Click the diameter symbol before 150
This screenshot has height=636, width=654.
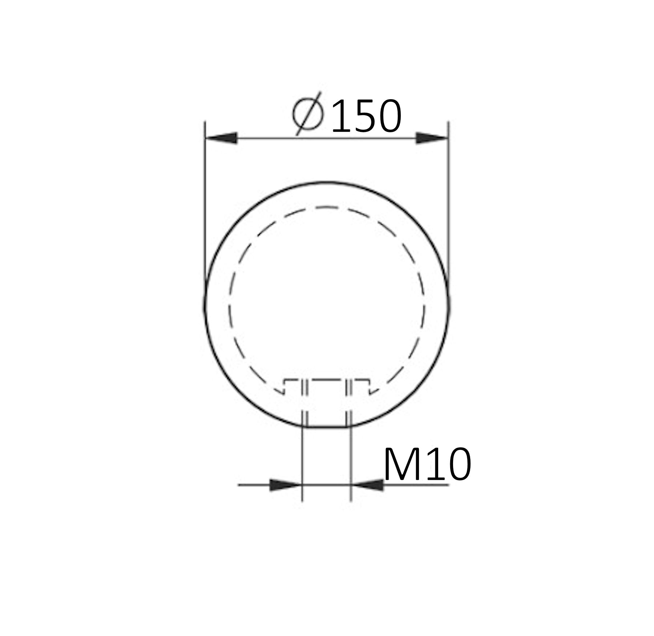(x=308, y=113)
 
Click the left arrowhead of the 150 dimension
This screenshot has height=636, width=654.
(x=222, y=138)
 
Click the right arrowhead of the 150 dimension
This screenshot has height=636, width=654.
(x=432, y=138)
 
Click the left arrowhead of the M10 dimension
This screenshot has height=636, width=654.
(x=286, y=485)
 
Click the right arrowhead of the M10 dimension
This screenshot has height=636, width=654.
(x=368, y=485)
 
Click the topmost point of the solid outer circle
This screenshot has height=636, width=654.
(x=326, y=182)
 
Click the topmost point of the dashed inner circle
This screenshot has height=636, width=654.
(x=326, y=208)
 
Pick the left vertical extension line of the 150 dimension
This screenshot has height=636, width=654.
(x=205, y=204)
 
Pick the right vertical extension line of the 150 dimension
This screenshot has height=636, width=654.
(x=448, y=204)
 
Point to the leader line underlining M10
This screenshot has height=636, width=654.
(x=418, y=484)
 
